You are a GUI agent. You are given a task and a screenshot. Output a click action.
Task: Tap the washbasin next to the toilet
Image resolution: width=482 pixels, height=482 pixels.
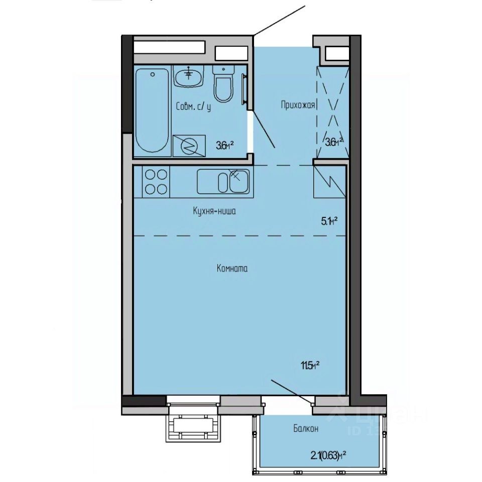[189, 76]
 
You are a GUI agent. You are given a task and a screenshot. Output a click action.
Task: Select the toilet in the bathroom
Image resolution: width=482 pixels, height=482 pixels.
[222, 84]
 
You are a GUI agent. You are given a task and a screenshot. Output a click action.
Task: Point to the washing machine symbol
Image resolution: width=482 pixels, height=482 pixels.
[189, 146]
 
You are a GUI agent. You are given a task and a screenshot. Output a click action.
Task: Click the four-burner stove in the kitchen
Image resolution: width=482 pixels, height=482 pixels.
[156, 181]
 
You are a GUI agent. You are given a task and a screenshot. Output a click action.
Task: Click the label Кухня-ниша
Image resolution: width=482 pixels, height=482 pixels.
[214, 211]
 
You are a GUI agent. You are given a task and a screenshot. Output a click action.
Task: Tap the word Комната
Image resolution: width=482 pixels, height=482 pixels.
[232, 269]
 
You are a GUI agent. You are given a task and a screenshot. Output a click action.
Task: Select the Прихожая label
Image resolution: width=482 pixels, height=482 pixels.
[298, 105]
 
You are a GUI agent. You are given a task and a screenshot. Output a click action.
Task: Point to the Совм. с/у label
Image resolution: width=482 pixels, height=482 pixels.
[193, 107]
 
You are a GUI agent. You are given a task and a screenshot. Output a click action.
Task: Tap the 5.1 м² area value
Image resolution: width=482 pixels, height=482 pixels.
[328, 220]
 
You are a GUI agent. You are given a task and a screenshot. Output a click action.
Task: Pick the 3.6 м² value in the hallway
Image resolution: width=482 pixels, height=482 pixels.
[334, 142]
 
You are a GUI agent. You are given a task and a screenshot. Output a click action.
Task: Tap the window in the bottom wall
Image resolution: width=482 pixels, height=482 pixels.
[193, 400]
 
